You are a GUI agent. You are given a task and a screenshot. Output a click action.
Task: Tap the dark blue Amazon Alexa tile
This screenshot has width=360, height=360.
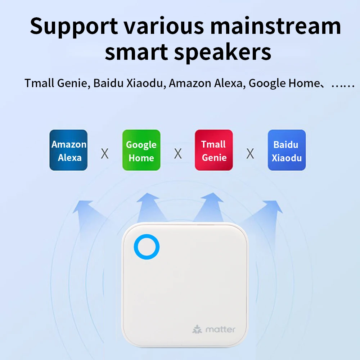click(x=69, y=150)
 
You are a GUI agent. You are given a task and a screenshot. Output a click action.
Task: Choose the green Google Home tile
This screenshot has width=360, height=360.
click(x=141, y=150)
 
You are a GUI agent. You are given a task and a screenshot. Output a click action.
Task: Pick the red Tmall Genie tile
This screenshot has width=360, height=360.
click(x=214, y=150)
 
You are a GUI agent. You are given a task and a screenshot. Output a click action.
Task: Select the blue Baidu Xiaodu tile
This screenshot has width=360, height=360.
click(x=287, y=150)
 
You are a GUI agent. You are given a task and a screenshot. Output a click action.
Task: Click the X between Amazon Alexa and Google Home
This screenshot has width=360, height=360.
click(x=105, y=154)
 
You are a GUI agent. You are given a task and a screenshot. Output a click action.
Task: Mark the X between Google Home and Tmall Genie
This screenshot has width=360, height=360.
click(x=178, y=154)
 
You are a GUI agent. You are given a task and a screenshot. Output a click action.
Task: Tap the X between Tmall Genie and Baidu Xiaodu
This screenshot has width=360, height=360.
click(x=250, y=154)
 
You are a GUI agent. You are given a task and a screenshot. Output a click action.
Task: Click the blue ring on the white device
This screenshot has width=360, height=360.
click(x=147, y=247)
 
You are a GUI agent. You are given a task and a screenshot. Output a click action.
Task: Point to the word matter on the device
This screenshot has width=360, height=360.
click(x=220, y=329)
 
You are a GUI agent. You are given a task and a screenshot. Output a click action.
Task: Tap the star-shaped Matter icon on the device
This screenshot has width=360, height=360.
click(x=197, y=329)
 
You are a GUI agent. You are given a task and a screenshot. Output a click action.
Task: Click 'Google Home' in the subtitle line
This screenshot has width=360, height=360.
click(x=284, y=84)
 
